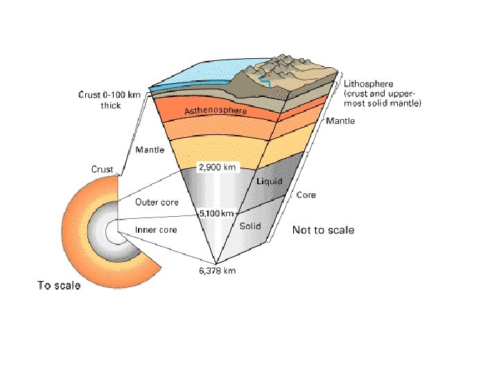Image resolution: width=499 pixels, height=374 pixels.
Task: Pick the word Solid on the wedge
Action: coord(249,226)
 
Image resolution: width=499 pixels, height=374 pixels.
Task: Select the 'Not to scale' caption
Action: coord(323,230)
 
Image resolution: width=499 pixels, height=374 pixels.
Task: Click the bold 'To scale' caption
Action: coord(59,285)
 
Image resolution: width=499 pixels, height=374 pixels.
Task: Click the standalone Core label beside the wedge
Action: coord(306,195)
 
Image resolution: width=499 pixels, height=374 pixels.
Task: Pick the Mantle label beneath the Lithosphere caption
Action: coord(340,121)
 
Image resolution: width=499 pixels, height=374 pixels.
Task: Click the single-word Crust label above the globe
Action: coord(102,169)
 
